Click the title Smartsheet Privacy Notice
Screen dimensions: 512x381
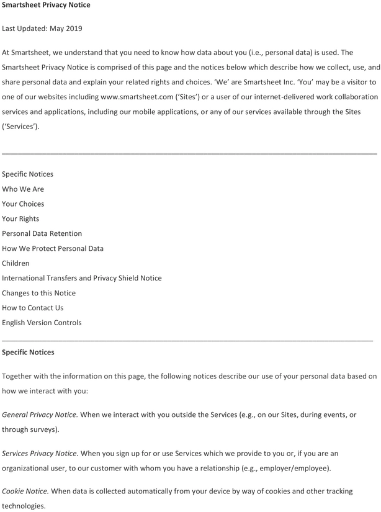(x=46, y=5)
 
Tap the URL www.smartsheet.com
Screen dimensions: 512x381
(x=135, y=97)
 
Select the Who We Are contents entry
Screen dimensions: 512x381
(x=23, y=189)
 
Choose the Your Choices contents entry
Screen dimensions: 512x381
(x=23, y=204)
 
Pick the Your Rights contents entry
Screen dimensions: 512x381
(x=20, y=218)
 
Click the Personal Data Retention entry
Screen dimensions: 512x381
(x=42, y=233)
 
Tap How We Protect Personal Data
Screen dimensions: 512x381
(x=53, y=248)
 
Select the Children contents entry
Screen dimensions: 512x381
(x=16, y=263)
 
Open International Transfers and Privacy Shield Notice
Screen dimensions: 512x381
(x=82, y=278)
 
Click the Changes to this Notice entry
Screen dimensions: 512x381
(x=38, y=293)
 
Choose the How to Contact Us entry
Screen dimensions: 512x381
(x=32, y=308)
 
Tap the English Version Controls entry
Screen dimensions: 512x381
(x=42, y=323)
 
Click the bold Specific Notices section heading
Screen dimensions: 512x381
(x=28, y=353)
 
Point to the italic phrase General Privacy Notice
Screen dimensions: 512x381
(x=40, y=414)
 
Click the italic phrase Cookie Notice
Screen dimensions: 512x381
(x=25, y=492)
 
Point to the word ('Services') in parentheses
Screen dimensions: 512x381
(x=20, y=127)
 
